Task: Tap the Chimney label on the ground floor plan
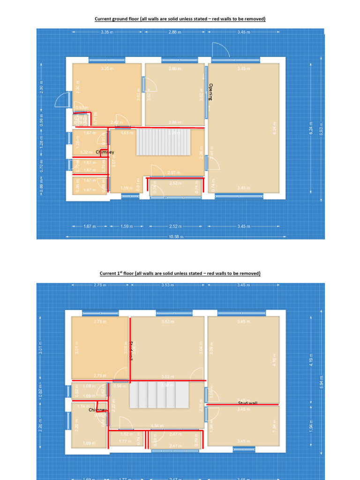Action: point(105,152)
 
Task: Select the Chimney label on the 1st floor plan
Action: point(98,410)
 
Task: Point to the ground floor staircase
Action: point(163,142)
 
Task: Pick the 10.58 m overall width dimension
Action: point(175,237)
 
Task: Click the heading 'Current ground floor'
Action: point(180,19)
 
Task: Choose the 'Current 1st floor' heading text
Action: point(180,273)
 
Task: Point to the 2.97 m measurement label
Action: point(174,173)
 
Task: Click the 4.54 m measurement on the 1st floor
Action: point(157,426)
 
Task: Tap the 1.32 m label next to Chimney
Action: point(85,152)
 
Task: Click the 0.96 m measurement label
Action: point(120,386)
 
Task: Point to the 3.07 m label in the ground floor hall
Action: point(113,164)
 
